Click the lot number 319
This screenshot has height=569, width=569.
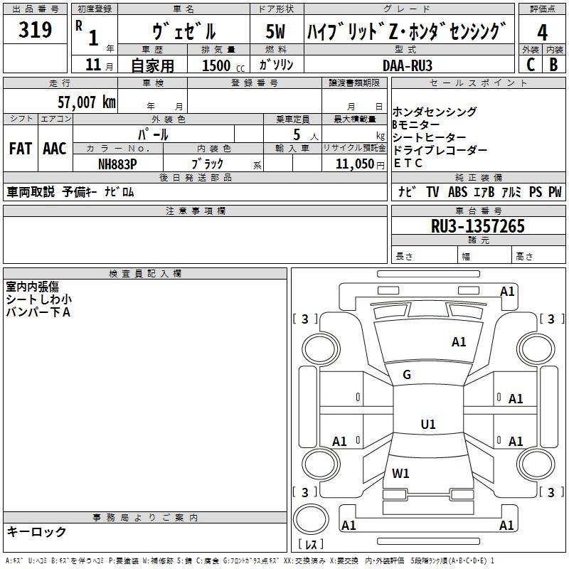pyautogui.click(x=35, y=29)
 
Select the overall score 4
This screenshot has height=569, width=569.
pyautogui.click(x=542, y=33)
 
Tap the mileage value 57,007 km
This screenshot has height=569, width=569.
pyautogui.click(x=87, y=102)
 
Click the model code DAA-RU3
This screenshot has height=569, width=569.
pyautogui.click(x=408, y=65)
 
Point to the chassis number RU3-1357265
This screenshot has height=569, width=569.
pyautogui.click(x=478, y=226)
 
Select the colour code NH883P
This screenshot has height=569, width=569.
pyautogui.click(x=117, y=164)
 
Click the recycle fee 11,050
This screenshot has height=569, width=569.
pyautogui.click(x=355, y=164)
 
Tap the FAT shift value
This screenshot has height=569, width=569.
pyautogui.click(x=21, y=149)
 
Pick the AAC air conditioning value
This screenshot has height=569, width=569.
pyautogui.click(x=55, y=149)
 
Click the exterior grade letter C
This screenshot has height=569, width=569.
pyautogui.click(x=531, y=65)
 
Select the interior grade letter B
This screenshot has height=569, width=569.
pyautogui.click(x=554, y=65)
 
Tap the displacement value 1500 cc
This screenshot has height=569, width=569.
pyautogui.click(x=223, y=65)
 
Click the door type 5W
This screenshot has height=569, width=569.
pyautogui.click(x=275, y=31)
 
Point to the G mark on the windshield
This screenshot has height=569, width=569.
pyautogui.click(x=407, y=375)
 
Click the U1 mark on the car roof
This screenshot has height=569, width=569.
pyautogui.click(x=428, y=424)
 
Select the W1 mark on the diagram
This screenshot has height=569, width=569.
pyautogui.click(x=400, y=474)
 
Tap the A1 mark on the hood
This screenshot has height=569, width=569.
pyautogui.click(x=459, y=342)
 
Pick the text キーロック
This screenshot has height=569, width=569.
pyautogui.click(x=37, y=532)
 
